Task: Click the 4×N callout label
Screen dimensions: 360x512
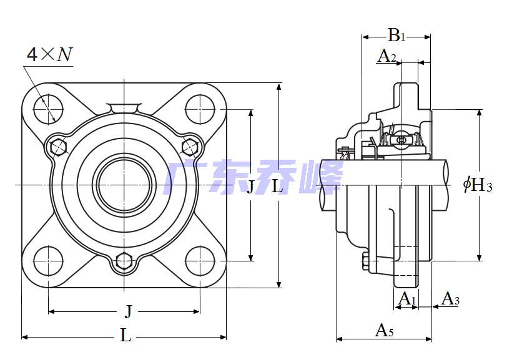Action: coord(49,55)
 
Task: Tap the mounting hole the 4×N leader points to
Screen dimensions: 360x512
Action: coord(47,109)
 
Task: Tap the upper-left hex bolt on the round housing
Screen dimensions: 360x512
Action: coord(58,147)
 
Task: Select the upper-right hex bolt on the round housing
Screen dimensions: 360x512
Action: coord(189,147)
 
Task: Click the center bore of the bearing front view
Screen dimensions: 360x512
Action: coord(124,184)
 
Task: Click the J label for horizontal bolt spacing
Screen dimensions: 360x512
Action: coord(128,311)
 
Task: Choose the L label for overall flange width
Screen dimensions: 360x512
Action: coord(126,336)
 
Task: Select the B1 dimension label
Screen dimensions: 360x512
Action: coord(396,35)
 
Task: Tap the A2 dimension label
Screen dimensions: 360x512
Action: coord(387,56)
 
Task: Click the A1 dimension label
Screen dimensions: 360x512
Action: coord(406,298)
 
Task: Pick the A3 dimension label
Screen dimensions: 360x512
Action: coord(450,299)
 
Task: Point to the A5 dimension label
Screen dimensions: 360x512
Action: coord(384,330)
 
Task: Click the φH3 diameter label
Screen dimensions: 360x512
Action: coord(478,185)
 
